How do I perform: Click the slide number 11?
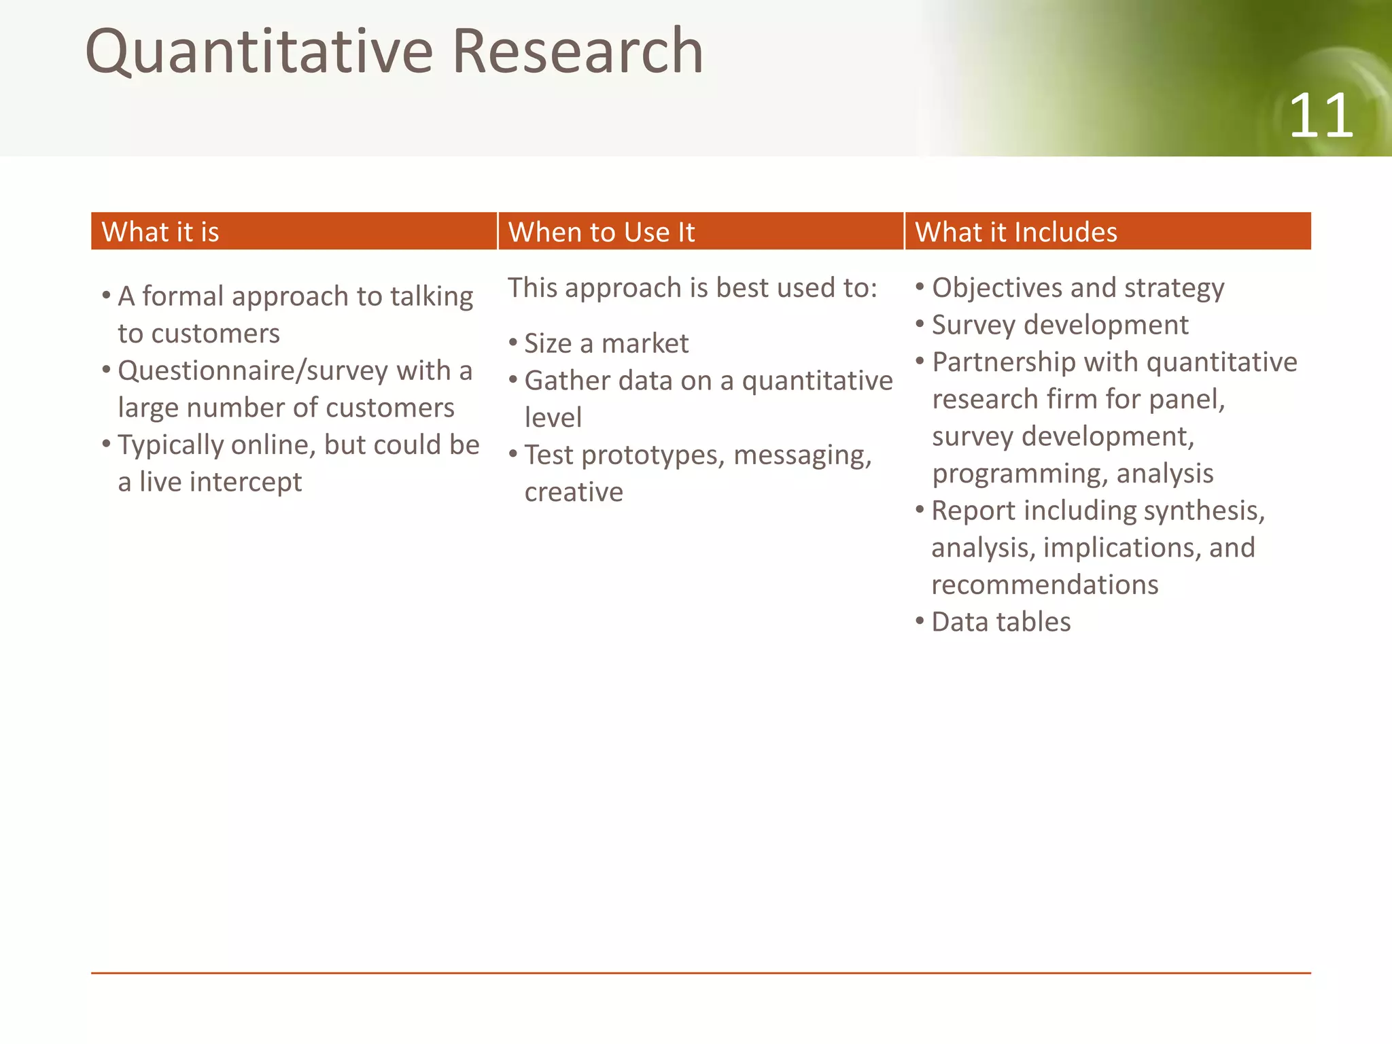[1321, 116]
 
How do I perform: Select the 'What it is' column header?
[160, 232]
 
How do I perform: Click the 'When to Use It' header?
[602, 232]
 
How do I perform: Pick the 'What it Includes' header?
[1015, 232]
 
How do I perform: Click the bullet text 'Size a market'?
[606, 343]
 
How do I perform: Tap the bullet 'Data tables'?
[1000, 621]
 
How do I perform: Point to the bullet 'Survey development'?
[1060, 325]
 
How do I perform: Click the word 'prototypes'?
[653, 455]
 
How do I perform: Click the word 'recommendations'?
[1045, 585]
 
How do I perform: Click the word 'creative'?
[574, 492]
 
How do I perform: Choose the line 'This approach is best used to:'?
[692, 288]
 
